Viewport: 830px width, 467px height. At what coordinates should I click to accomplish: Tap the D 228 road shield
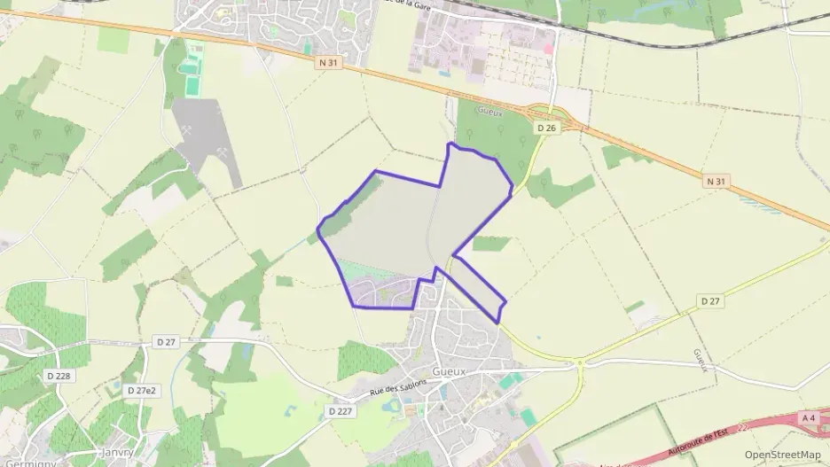point(59,375)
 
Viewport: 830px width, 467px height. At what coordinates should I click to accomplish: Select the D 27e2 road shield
point(142,390)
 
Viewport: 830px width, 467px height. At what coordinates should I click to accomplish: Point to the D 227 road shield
point(341,411)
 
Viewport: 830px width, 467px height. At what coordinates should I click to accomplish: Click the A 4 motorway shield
point(807,418)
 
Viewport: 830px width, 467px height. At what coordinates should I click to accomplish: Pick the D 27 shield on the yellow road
point(710,301)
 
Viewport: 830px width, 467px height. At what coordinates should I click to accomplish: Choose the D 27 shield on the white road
point(166,341)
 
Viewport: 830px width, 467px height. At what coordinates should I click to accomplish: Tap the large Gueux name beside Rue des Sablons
point(449,372)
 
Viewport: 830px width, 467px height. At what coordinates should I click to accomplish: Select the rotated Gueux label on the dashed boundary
point(701,361)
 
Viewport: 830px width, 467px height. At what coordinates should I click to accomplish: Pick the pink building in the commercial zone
point(548,48)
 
